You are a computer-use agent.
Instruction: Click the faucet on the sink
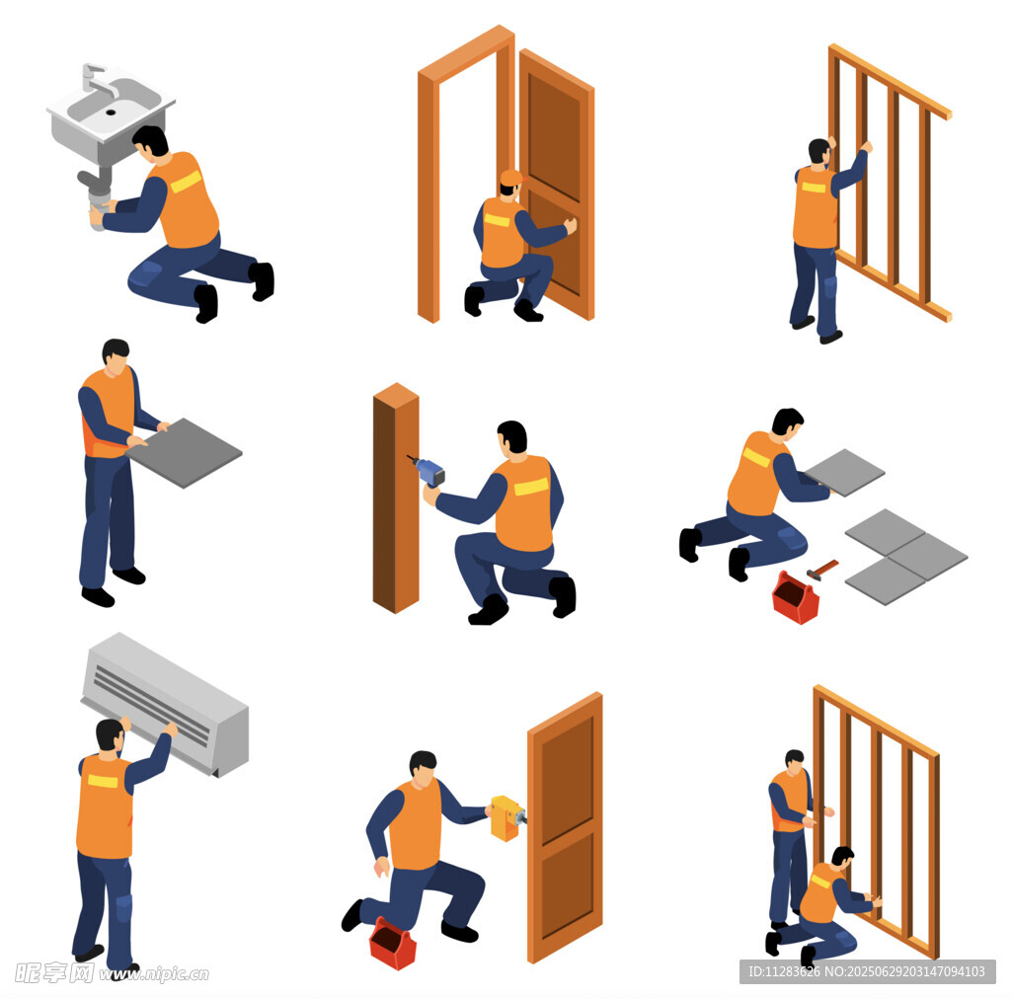pos(97,79)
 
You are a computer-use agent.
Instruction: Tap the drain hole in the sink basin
pos(111,113)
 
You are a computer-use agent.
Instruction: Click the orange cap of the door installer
pos(511,178)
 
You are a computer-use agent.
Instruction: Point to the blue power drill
pos(428,471)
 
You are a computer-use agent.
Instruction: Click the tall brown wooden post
pos(396,499)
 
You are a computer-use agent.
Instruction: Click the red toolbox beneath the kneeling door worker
pos(392,944)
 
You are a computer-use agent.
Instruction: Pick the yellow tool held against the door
pos(507,818)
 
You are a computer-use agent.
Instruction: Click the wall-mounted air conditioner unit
pos(165,704)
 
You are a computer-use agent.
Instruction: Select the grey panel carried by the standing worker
pos(184,452)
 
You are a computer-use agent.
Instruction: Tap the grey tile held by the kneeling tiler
pos(845,473)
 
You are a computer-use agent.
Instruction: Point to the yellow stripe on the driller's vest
pos(530,487)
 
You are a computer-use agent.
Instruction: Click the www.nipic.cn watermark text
pos(153,973)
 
